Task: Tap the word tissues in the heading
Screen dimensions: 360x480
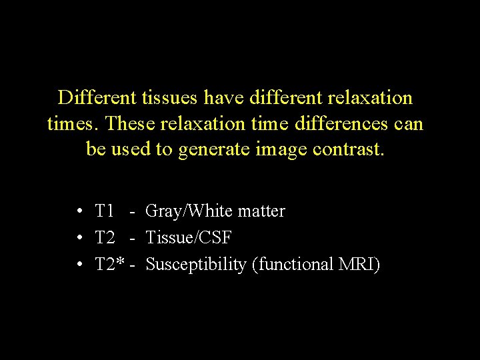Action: (169, 98)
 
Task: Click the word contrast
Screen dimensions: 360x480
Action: (347, 150)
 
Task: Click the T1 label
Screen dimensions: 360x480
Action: (105, 211)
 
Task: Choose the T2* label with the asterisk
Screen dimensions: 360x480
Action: (110, 264)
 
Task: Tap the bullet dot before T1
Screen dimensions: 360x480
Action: (79, 212)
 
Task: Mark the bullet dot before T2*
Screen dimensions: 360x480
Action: (79, 265)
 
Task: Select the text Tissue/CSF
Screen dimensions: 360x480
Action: (188, 238)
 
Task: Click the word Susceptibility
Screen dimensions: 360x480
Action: (195, 265)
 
